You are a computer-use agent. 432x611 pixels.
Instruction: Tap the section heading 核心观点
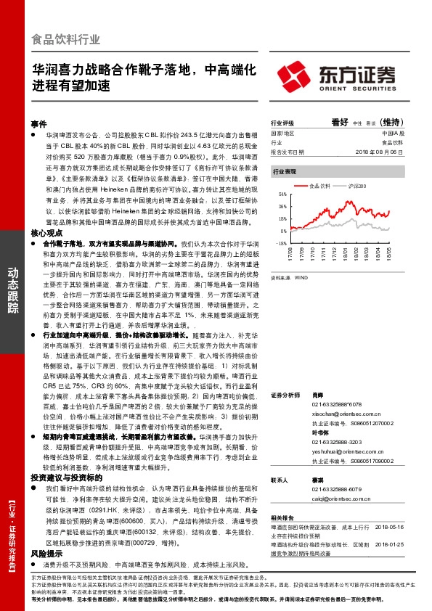pyautogui.click(x=45, y=213)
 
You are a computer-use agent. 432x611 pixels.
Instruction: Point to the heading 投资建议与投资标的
pyautogui.click(x=62, y=458)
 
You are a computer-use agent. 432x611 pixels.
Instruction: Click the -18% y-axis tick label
pyautogui.click(x=281, y=243)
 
